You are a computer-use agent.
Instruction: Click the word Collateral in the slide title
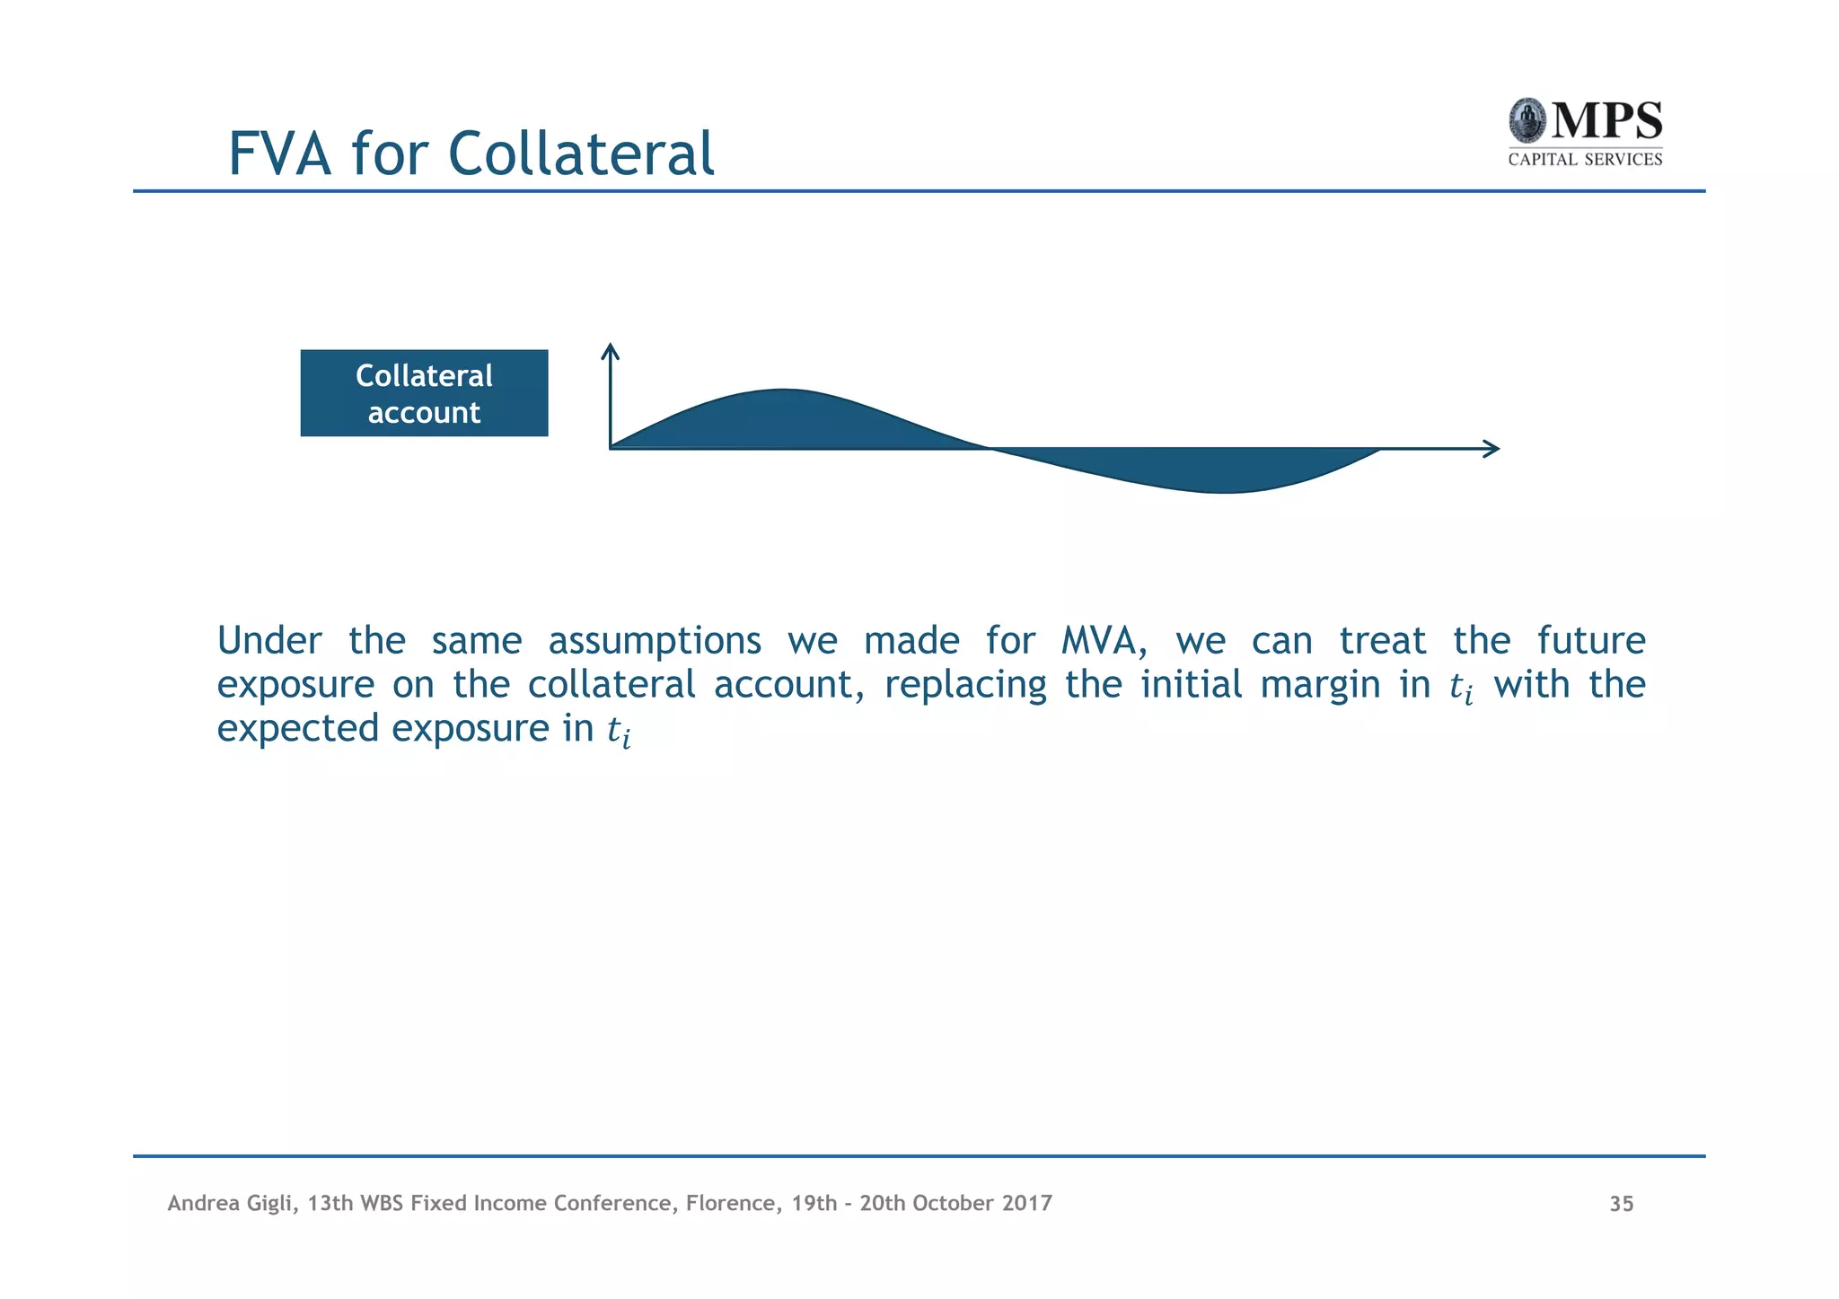click(580, 154)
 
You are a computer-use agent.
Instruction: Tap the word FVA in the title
click(279, 154)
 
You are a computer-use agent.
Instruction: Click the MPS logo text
click(1606, 121)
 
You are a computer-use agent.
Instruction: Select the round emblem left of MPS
click(1527, 121)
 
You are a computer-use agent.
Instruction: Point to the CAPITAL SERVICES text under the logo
click(1585, 160)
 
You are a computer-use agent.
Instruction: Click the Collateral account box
click(424, 393)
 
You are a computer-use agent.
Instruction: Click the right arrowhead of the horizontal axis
click(1492, 449)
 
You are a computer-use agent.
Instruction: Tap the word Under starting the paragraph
click(269, 641)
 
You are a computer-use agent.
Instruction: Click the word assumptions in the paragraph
click(655, 641)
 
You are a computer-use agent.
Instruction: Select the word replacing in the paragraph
click(965, 686)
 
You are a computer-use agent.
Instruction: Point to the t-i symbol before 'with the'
click(1461, 688)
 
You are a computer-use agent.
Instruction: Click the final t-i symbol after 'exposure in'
click(619, 731)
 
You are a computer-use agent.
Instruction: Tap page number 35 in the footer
click(1621, 1204)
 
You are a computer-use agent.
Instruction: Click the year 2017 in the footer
click(1027, 1203)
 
